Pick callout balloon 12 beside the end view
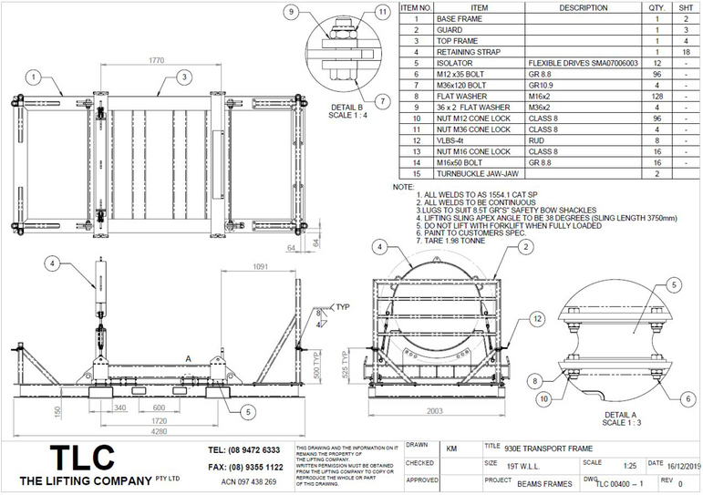pyautogui.click(x=537, y=318)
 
